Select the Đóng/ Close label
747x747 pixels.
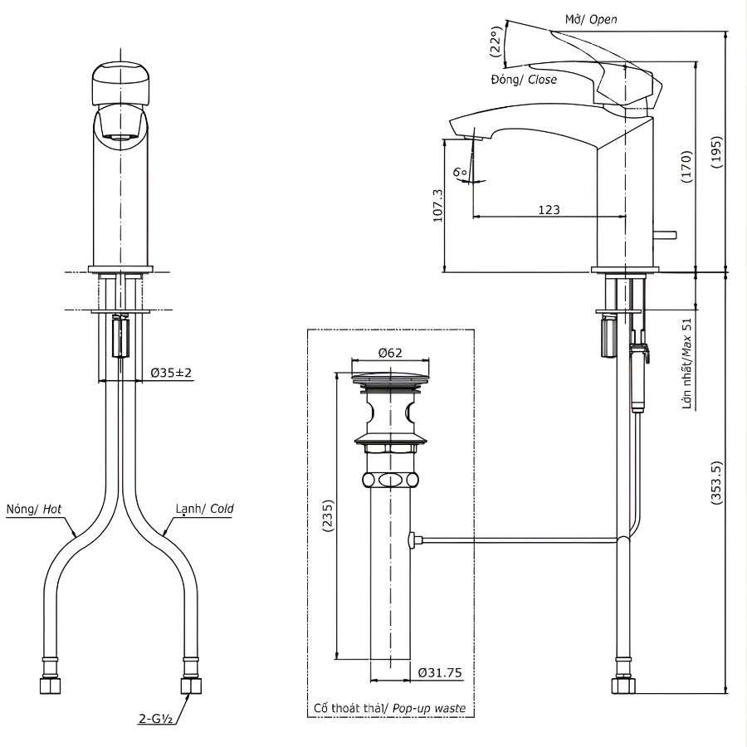[523, 80]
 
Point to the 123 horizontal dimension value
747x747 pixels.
[549, 210]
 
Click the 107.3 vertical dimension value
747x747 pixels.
[437, 204]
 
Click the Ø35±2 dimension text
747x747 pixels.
[172, 373]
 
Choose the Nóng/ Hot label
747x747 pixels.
[34, 508]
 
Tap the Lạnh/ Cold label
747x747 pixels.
[204, 508]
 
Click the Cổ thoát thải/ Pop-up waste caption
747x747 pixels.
[389, 708]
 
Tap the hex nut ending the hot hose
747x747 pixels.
[50, 686]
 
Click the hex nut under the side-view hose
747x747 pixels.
[622, 686]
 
